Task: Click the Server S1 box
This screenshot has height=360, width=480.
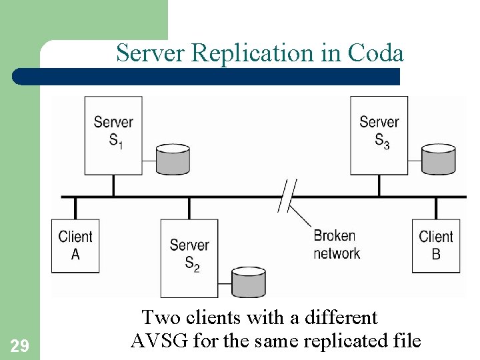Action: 113,135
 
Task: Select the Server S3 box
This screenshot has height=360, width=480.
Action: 379,135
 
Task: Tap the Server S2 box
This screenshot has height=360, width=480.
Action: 189,257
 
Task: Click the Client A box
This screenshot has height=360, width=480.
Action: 75,245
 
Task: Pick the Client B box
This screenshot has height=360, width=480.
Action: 436,245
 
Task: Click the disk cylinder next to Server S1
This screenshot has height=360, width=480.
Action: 173,159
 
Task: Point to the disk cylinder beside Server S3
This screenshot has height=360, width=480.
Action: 439,159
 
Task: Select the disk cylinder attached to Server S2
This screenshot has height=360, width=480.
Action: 248,282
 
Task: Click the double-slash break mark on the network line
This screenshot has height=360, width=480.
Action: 288,196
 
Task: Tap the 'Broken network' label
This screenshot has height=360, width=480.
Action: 336,245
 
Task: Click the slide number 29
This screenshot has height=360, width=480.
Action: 19,345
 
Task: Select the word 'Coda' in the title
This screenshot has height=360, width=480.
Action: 376,53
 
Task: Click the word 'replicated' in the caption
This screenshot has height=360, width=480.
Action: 343,341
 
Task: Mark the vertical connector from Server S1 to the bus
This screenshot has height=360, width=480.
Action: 113,185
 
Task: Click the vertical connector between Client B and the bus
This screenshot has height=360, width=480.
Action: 436,208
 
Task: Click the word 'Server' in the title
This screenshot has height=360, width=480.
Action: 151,53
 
